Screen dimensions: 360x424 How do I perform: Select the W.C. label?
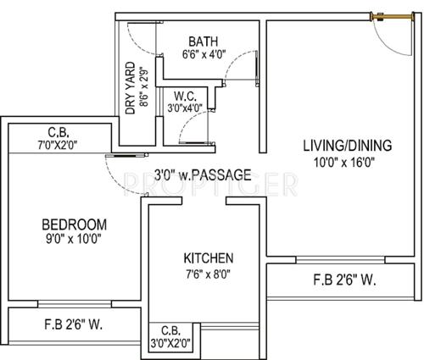tap(187, 96)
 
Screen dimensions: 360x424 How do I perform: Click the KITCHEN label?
tap(209, 258)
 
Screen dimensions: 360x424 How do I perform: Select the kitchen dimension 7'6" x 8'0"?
tap(209, 273)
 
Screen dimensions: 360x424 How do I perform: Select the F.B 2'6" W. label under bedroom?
tap(75, 324)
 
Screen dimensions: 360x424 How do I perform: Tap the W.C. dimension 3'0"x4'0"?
tap(187, 108)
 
